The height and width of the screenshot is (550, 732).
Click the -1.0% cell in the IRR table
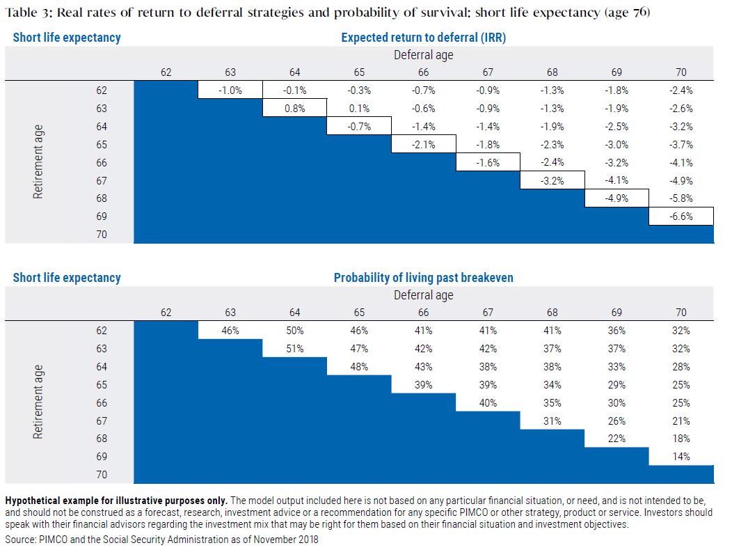[x=230, y=91]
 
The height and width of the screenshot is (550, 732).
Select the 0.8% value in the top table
[x=294, y=109]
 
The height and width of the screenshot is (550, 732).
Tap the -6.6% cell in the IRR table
[x=681, y=217]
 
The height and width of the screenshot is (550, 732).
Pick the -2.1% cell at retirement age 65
[x=424, y=145]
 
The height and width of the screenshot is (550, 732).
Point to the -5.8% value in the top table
[x=681, y=198]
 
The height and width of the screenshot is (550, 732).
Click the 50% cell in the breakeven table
[x=294, y=331]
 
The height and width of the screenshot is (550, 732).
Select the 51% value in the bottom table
[x=294, y=349]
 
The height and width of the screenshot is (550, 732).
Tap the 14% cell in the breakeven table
[x=681, y=457]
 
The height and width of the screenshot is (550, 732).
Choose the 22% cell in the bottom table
[x=616, y=439]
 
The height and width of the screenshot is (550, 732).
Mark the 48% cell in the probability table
[x=359, y=367]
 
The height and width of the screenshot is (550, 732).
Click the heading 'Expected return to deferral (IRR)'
[x=424, y=38]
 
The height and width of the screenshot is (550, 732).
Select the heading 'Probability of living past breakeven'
[x=424, y=278]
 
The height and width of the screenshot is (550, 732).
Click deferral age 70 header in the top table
[x=681, y=72]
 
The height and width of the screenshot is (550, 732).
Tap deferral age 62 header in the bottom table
[x=166, y=312]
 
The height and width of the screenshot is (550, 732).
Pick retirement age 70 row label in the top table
[x=102, y=234]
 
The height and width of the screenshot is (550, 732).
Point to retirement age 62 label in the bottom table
[x=102, y=331]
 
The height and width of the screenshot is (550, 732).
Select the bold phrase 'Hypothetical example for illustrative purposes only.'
[x=116, y=501]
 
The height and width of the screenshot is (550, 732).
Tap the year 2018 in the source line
[x=308, y=540]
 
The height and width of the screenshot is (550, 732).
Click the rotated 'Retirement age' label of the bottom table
[x=38, y=402]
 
